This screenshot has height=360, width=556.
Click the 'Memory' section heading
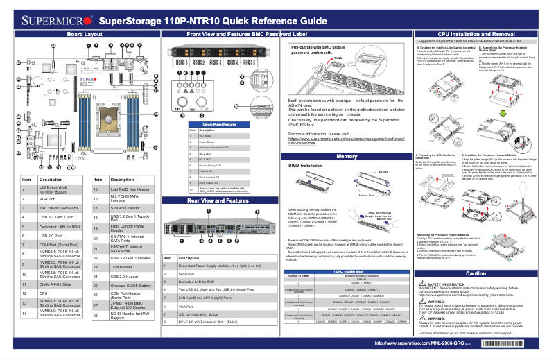pyautogui.click(x=346, y=157)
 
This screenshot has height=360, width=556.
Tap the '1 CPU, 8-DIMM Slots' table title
pyautogui.click(x=345, y=271)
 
